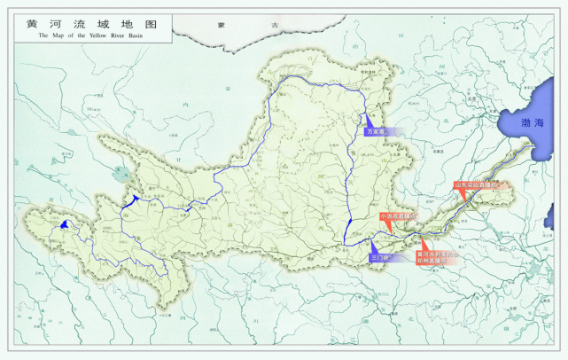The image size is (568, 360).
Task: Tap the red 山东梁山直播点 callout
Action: (x=477, y=185)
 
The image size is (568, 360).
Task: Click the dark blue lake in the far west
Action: (x=66, y=225)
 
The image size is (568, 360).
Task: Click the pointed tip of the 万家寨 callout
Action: (x=366, y=116)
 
